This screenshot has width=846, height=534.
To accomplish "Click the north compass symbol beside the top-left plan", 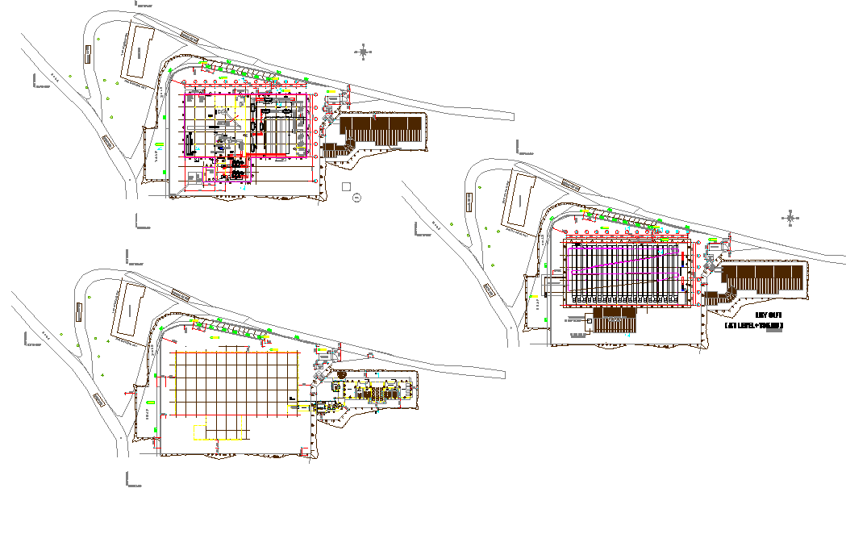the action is [x=364, y=52].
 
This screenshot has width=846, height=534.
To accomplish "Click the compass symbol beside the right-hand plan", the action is [x=790, y=217].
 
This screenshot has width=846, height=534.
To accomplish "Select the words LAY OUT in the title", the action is [x=768, y=315].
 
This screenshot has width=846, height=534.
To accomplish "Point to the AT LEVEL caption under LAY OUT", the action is [x=754, y=326].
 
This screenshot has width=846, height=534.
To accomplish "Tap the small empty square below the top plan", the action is [x=346, y=186].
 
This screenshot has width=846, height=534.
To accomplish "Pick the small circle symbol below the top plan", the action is [x=357, y=196].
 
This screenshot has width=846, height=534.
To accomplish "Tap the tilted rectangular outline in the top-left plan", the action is [x=137, y=52].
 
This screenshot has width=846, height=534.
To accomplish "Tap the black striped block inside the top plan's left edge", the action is [x=190, y=145].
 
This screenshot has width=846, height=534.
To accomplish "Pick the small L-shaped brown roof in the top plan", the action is [x=338, y=149].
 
